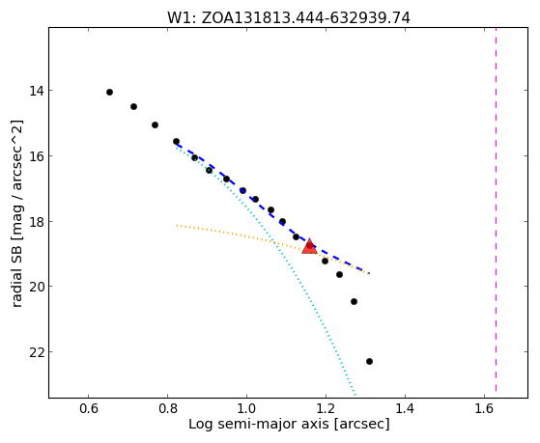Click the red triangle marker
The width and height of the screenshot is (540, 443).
[309, 246]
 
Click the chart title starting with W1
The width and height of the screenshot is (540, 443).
[289, 18]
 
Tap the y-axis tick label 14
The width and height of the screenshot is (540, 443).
[37, 91]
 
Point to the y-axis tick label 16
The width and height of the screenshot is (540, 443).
[37, 156]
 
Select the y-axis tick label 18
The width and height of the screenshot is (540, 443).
[37, 221]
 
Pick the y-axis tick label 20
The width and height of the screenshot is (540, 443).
[37, 287]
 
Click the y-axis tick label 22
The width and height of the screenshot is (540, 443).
[37, 352]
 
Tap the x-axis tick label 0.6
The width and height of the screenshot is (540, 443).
[89, 408]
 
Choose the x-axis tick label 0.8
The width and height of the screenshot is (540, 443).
[168, 408]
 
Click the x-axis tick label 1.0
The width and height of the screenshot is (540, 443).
[246, 408]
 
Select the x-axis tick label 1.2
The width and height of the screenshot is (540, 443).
[326, 408]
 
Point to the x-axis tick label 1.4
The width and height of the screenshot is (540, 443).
[405, 408]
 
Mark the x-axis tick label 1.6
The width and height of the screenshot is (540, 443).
[484, 408]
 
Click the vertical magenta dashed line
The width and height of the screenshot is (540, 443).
[496, 209]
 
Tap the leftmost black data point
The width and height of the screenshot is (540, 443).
[109, 93]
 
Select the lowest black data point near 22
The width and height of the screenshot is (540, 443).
[370, 361]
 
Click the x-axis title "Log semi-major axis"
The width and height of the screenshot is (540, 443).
[258, 425]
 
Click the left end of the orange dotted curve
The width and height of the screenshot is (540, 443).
[177, 226]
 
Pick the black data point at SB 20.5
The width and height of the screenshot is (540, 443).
[354, 302]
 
